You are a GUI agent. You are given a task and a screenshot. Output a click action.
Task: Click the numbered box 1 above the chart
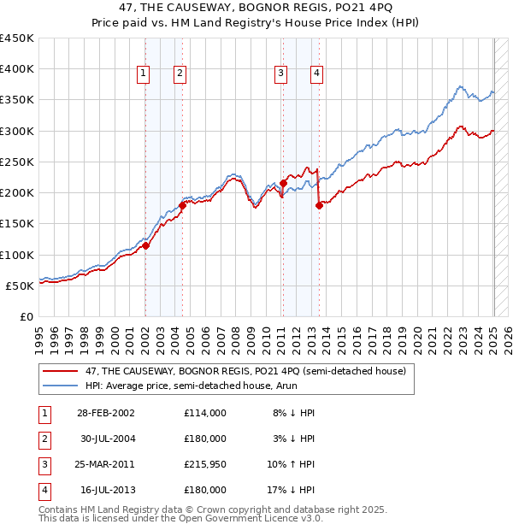143,74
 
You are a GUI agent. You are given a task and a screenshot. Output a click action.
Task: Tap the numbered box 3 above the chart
280,74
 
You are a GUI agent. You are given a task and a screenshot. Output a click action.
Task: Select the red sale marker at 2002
145,246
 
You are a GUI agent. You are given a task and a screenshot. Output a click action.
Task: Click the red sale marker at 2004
182,205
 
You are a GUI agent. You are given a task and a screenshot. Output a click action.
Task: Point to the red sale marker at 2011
283,183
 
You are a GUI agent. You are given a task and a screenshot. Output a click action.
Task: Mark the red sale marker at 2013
318,205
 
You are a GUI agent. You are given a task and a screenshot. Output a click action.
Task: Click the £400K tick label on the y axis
16,69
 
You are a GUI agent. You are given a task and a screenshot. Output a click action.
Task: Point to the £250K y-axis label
16,162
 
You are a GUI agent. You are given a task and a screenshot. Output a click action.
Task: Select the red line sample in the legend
60,371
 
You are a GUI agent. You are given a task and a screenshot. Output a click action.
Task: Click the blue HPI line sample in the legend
60,386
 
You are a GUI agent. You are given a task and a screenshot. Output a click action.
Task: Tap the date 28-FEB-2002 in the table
105,412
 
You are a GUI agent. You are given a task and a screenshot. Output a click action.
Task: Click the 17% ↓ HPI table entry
292,490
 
